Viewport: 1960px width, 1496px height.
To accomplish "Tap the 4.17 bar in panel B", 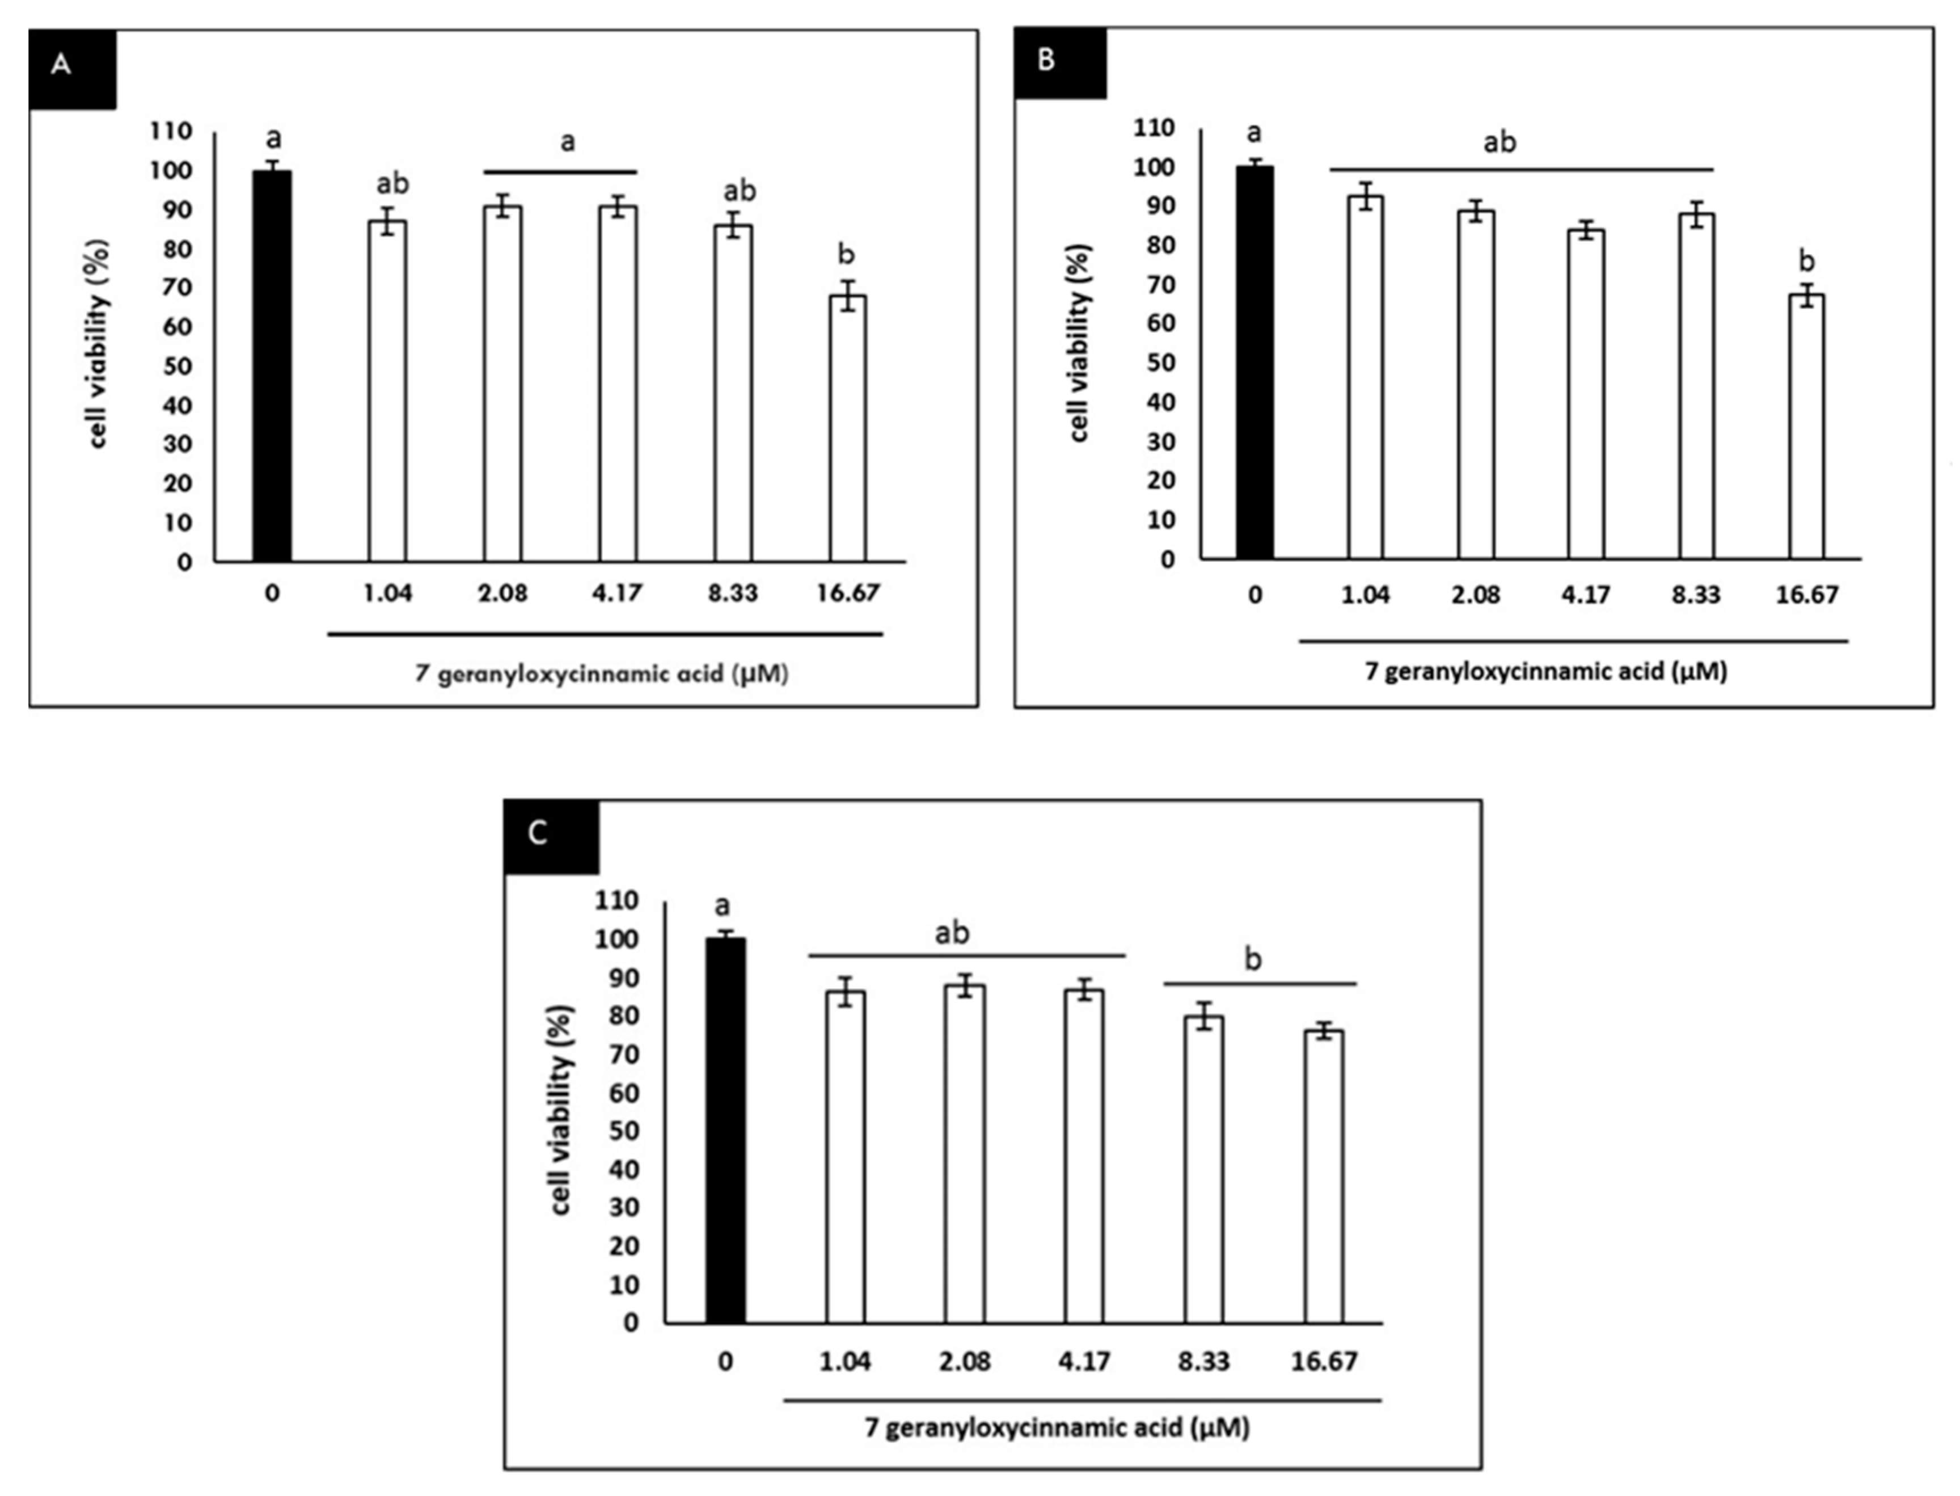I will tap(1585, 394).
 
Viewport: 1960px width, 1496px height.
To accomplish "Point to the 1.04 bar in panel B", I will tap(1365, 378).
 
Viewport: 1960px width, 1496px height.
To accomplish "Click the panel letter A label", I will tap(61, 65).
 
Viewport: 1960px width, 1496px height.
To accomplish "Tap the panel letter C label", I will tap(538, 833).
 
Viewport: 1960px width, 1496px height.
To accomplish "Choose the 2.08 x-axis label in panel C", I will tap(964, 1362).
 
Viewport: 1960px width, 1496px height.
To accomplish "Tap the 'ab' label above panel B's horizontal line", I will tap(1500, 142).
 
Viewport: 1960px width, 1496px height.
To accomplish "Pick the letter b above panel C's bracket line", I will tap(1252, 960).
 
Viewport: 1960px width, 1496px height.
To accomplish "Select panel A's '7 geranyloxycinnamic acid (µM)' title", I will tap(602, 674).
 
